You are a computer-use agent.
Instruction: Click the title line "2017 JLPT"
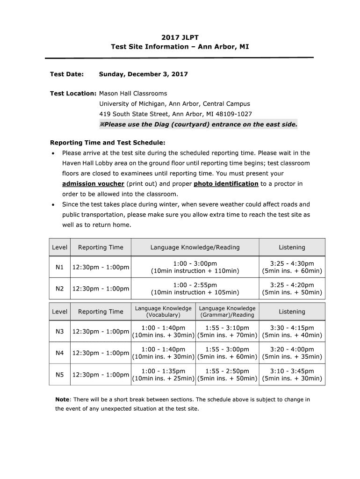click(180, 37)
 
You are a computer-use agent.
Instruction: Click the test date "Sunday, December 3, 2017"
click(143, 74)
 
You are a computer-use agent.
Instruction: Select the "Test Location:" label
click(73, 94)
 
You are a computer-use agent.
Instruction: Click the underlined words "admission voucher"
click(93, 184)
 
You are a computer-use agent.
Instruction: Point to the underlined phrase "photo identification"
click(226, 184)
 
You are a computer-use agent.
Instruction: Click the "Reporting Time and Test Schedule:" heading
click(108, 143)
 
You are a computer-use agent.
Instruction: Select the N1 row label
click(59, 267)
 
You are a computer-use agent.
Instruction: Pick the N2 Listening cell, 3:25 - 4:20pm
click(292, 289)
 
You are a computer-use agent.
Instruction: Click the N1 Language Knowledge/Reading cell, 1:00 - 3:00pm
click(194, 267)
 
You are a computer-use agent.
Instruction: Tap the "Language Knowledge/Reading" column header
click(194, 247)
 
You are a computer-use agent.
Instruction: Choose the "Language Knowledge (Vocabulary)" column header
click(163, 312)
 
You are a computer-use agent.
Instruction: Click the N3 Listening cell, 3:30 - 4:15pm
click(292, 332)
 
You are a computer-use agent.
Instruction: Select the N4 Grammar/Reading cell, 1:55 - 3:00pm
click(227, 353)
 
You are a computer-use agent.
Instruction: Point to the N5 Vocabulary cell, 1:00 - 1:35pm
click(163, 375)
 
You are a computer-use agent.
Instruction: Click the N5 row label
click(59, 375)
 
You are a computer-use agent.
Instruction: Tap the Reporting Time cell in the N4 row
click(100, 353)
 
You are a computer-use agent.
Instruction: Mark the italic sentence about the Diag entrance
click(198, 124)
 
